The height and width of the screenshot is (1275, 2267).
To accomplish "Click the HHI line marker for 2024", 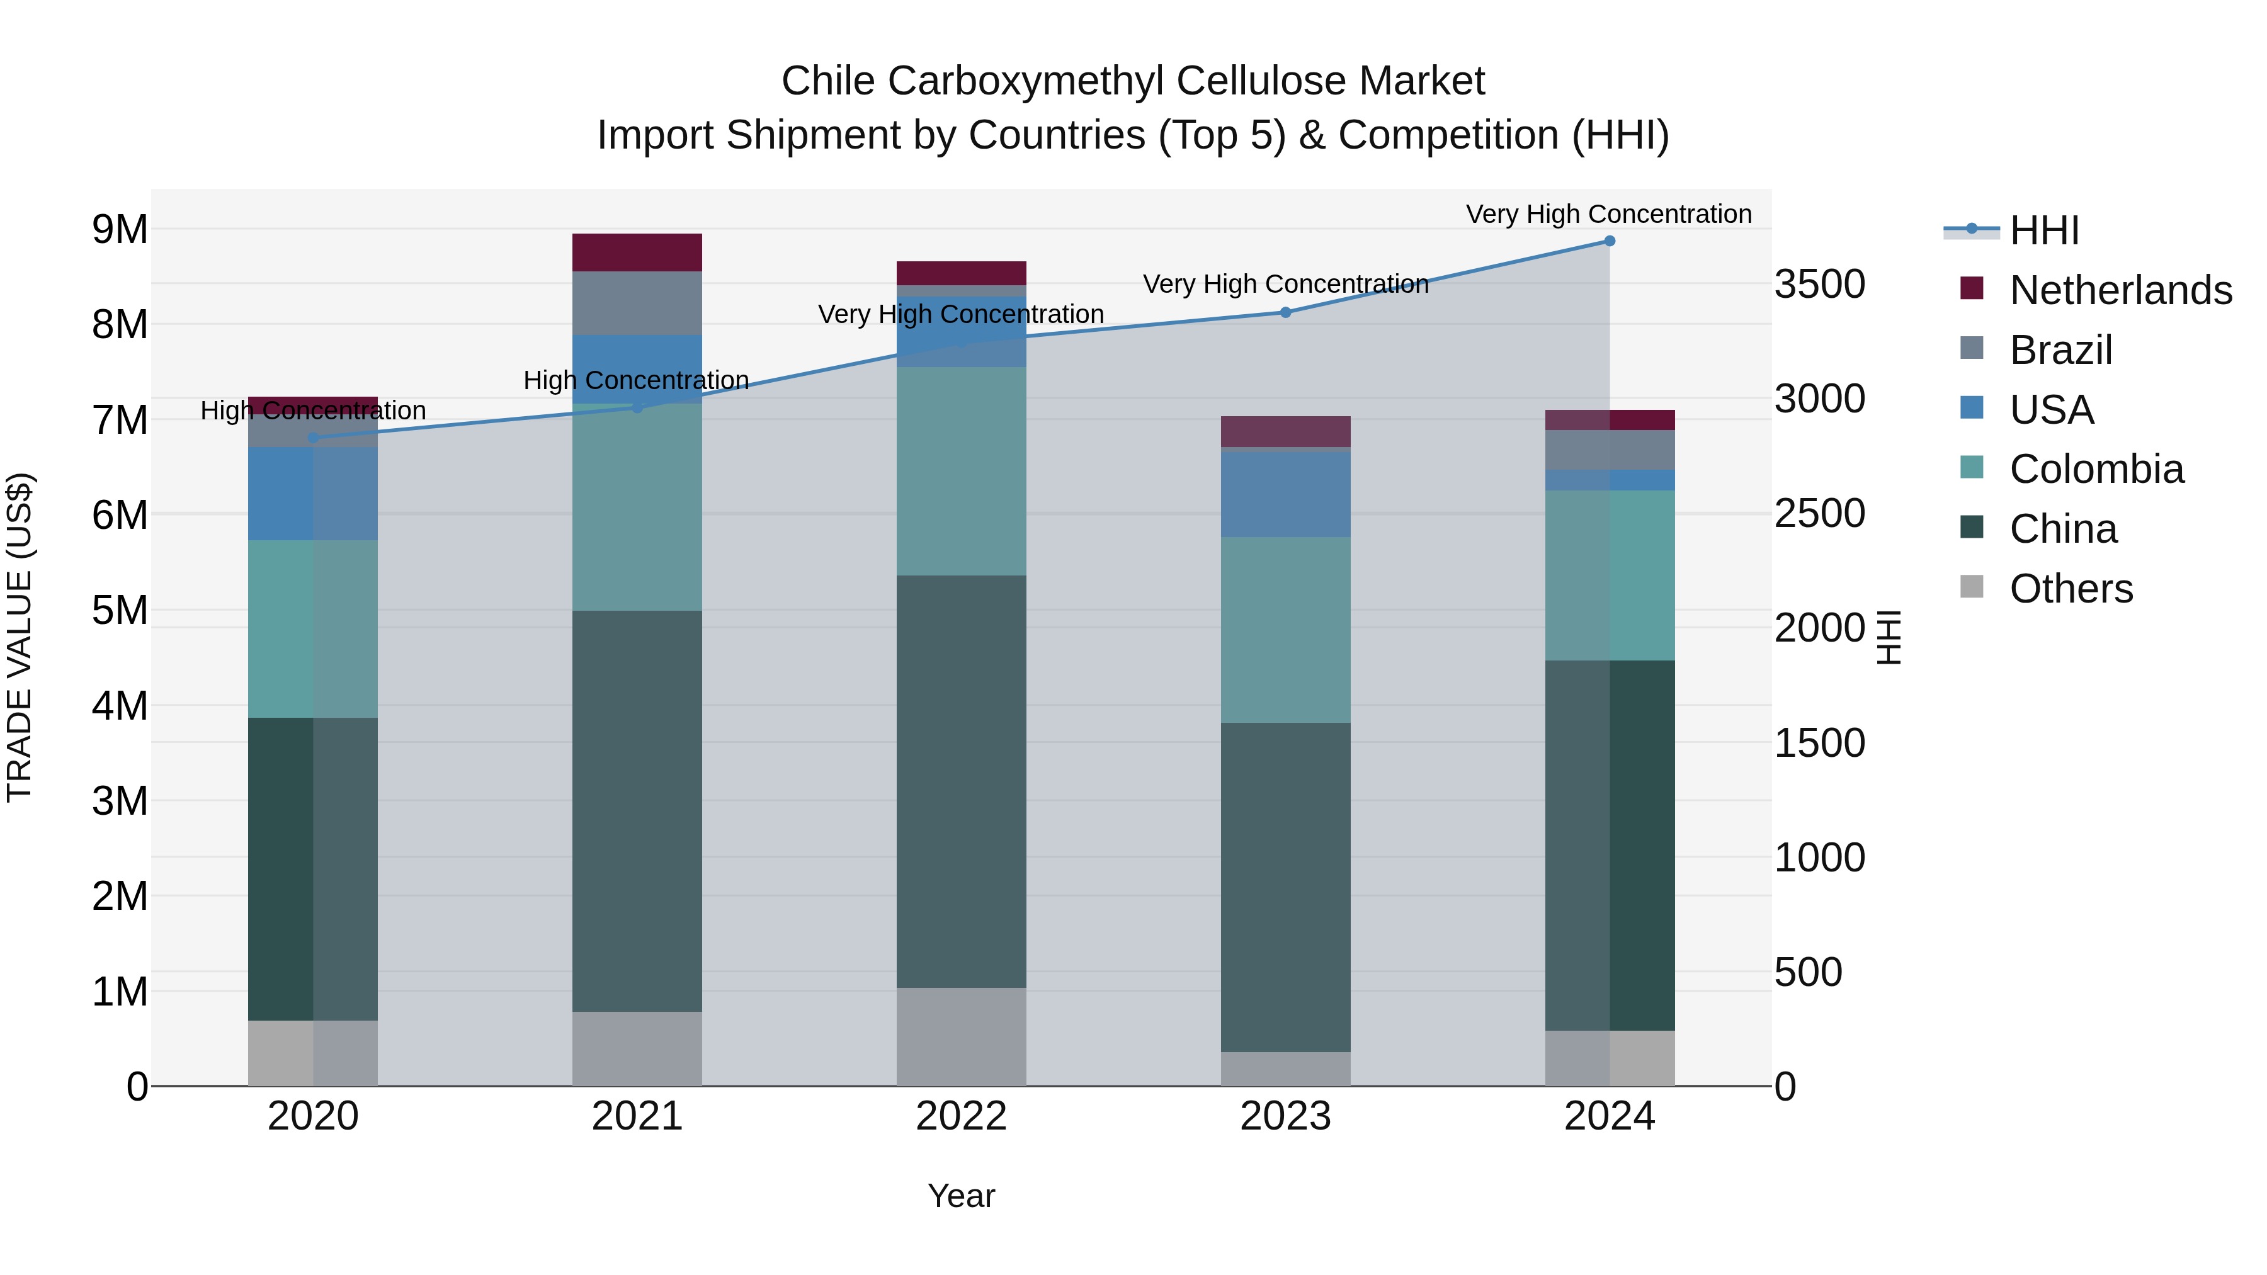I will pos(1609,241).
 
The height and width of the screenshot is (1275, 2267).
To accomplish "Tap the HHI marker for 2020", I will pos(314,438).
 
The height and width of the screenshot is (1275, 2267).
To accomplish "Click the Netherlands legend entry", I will pos(2120,290).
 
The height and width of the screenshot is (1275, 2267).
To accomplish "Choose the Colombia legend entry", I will pos(2096,469).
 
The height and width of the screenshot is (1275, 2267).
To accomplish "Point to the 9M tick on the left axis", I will pos(120,230).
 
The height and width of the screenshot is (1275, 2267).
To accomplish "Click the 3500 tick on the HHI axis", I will pos(1819,284).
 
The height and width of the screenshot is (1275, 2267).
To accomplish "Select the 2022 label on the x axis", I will pos(961,1116).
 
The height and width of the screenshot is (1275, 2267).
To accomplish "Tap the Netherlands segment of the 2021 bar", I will pos(637,252).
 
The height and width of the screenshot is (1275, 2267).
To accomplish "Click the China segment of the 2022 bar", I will pos(961,781).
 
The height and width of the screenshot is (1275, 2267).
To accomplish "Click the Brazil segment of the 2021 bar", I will pos(637,303).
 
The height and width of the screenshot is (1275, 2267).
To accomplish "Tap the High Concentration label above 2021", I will pos(635,380).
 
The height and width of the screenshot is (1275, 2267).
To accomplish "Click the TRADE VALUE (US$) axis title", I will pos(20,637).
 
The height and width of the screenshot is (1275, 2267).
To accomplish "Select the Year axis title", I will pos(961,1196).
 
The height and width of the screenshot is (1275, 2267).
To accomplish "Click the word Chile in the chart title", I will pos(827,81).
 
